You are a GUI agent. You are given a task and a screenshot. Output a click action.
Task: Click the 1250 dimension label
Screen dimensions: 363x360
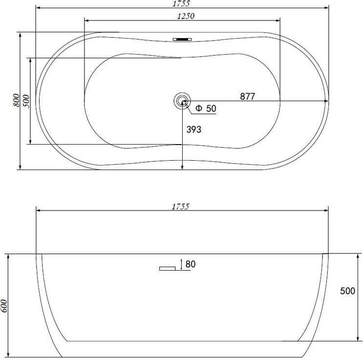point(186,16)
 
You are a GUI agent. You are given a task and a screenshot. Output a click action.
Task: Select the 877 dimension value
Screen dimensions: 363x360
point(248,96)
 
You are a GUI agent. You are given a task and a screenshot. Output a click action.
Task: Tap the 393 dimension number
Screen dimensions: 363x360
point(194,129)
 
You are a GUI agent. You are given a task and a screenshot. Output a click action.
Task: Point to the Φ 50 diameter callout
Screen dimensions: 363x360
point(206,108)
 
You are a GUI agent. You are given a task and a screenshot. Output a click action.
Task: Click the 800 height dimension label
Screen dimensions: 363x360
point(17,100)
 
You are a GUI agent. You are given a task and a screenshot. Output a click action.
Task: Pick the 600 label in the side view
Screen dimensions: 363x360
point(4,306)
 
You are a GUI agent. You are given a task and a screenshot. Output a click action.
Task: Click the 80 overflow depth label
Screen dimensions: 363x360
point(191,264)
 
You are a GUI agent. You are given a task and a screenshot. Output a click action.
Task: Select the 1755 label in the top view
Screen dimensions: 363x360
point(181,3)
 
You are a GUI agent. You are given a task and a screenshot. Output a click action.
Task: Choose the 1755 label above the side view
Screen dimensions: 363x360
point(181,206)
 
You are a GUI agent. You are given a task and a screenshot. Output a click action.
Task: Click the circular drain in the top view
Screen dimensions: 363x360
point(182,101)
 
